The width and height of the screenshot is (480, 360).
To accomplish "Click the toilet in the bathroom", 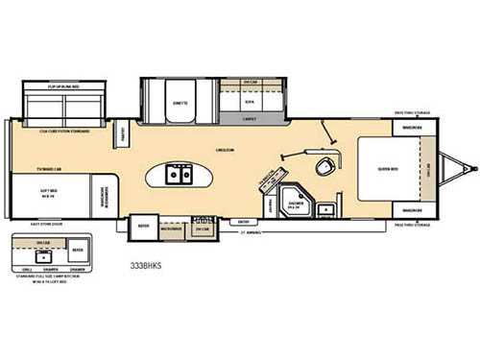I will pos(326,166).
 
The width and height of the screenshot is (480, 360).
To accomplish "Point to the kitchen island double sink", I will pos(179,175).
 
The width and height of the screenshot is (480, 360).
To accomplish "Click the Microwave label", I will pos(172,229).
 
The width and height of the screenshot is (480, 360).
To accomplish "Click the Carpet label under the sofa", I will pos(249,120).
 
